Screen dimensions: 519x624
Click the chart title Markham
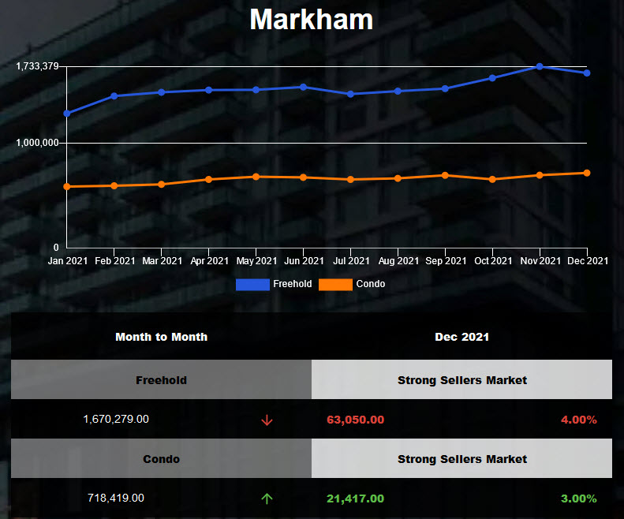(312, 20)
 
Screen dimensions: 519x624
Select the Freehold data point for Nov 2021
(540, 66)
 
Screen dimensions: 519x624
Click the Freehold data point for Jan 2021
(67, 114)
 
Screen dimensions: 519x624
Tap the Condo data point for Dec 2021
(587, 173)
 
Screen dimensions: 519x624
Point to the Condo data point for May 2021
(256, 177)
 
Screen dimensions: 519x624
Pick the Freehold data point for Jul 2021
(350, 94)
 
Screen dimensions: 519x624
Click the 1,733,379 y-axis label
(37, 66)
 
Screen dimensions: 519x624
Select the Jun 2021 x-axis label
(304, 261)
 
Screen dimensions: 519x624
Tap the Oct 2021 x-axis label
(492, 261)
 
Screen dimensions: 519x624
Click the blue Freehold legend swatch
(252, 284)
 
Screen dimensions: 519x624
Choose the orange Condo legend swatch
(335, 284)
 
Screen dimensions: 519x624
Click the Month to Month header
(161, 337)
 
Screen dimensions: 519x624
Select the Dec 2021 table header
(461, 337)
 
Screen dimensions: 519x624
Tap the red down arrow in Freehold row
(267, 420)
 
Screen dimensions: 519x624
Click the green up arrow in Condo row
(267, 498)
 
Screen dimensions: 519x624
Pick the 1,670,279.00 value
(116, 420)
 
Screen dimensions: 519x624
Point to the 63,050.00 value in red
(355, 420)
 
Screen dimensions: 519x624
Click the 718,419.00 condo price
(116, 498)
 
